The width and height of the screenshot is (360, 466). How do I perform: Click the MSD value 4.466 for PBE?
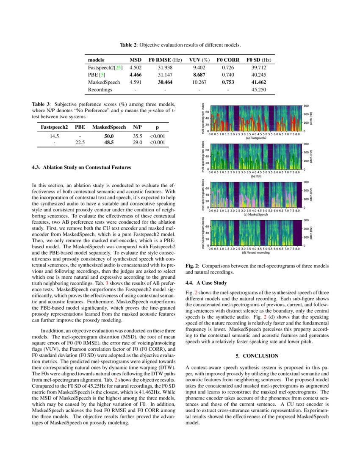pyautogui.click(x=135, y=75)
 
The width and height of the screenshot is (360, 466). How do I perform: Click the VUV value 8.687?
pyautogui.click(x=199, y=75)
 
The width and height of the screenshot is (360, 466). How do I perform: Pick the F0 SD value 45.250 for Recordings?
pyautogui.click(x=259, y=90)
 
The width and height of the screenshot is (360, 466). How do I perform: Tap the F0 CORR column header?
pyautogui.click(x=228, y=60)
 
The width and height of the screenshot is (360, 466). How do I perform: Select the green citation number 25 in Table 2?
pyautogui.click(x=119, y=67)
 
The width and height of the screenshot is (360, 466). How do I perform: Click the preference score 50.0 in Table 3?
pyautogui.click(x=109, y=136)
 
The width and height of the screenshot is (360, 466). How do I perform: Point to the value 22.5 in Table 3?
pyautogui.click(x=80, y=143)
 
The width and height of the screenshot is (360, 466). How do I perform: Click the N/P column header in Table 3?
pyautogui.click(x=137, y=127)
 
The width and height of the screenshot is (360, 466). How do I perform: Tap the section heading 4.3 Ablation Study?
pyautogui.click(x=82, y=167)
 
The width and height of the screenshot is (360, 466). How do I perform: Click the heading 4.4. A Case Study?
pyautogui.click(x=206, y=283)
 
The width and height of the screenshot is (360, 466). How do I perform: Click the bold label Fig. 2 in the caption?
pyautogui.click(x=193, y=266)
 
